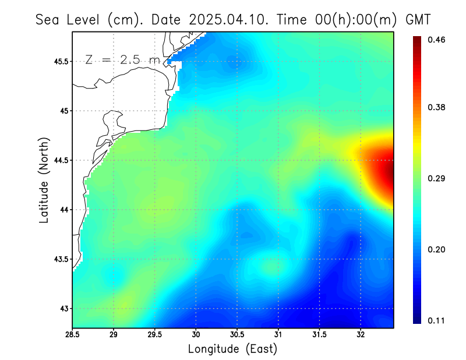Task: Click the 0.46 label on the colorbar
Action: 437,40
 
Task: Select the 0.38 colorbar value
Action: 437,107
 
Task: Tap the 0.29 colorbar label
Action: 437,178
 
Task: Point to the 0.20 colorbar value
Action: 437,249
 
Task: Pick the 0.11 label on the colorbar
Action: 437,320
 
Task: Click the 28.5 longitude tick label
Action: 72,335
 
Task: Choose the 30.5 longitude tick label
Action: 237,335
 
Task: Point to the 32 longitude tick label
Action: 361,335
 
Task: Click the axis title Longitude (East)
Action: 232,349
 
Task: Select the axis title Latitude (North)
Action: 44,179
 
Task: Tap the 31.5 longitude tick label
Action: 319,335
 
